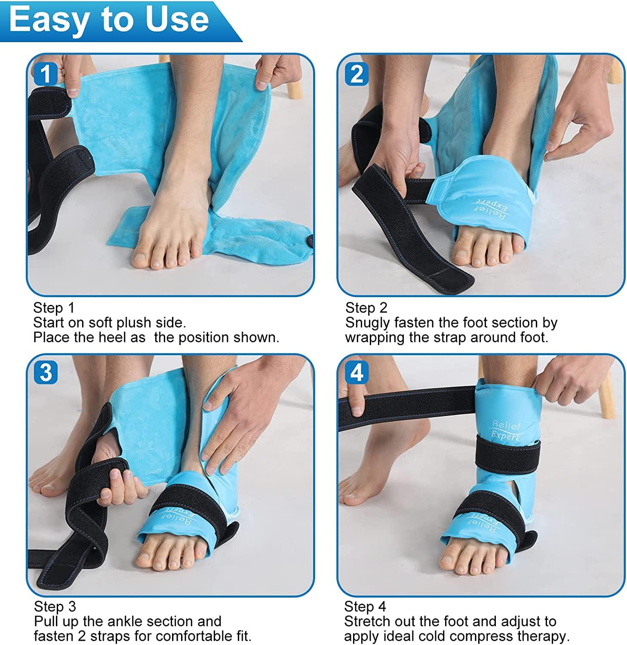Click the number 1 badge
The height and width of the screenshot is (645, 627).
tap(45, 74)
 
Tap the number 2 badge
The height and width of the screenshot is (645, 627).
tap(356, 74)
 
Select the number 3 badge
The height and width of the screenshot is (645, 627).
tap(45, 372)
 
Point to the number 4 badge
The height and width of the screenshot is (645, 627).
tap(356, 372)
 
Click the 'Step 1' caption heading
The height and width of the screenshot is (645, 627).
tap(54, 308)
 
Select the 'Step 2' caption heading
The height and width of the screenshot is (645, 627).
tap(366, 308)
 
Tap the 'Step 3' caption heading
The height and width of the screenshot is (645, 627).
tap(55, 607)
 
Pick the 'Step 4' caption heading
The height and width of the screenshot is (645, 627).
tap(365, 607)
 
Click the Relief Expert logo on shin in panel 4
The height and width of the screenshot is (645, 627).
tap(506, 431)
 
